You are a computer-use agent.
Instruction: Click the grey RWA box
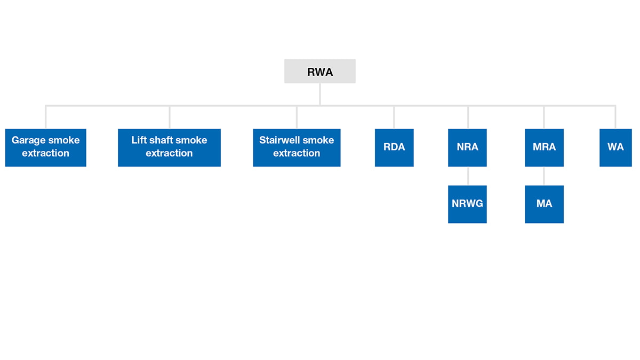pyautogui.click(x=319, y=71)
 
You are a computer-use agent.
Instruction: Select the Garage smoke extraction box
pyautogui.click(x=46, y=148)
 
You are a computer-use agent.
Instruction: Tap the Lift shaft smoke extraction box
pyautogui.click(x=169, y=148)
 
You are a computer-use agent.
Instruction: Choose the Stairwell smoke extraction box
pyautogui.click(x=297, y=148)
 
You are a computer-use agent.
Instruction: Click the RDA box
pyautogui.click(x=394, y=148)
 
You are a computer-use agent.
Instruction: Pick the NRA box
pyautogui.click(x=467, y=148)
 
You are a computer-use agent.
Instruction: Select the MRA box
pyautogui.click(x=545, y=148)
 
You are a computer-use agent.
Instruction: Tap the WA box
pyautogui.click(x=615, y=148)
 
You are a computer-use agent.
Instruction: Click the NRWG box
pyautogui.click(x=467, y=204)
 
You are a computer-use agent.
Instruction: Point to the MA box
pyautogui.click(x=545, y=204)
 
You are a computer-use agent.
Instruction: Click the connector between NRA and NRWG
pyautogui.click(x=468, y=176)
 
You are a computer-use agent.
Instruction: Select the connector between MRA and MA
pyautogui.click(x=543, y=176)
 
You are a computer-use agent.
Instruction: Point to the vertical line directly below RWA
pyautogui.click(x=319, y=94)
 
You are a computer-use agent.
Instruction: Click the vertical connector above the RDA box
pyautogui.click(x=394, y=117)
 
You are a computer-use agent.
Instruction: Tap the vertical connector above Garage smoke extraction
pyautogui.click(x=46, y=117)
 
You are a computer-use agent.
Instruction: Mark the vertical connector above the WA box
pyautogui.click(x=615, y=117)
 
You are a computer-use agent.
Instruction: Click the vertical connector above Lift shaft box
pyautogui.click(x=170, y=117)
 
